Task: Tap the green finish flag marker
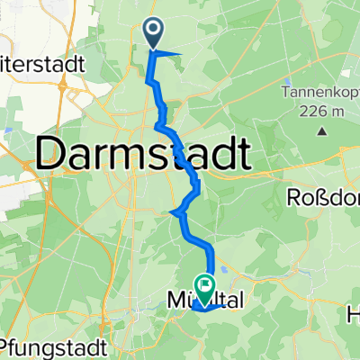pos(205,288)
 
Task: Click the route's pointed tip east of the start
pos(181,54)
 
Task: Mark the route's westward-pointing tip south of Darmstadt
pos(170,212)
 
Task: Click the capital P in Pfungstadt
pos(8,346)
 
